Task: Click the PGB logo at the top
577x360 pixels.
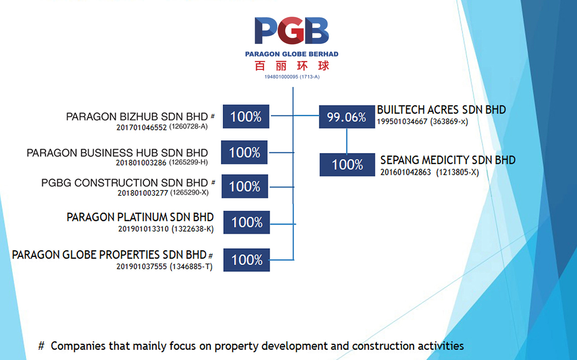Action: pyautogui.click(x=292, y=30)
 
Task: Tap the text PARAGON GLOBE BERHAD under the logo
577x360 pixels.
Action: pyautogui.click(x=292, y=54)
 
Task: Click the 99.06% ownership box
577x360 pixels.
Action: pyautogui.click(x=347, y=117)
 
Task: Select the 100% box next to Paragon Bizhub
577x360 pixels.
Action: pyautogui.click(x=246, y=116)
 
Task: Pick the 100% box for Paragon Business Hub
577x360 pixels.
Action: pyautogui.click(x=244, y=152)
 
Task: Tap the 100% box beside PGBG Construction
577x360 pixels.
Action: pyautogui.click(x=245, y=186)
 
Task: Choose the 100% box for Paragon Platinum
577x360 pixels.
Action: pyautogui.click(x=247, y=222)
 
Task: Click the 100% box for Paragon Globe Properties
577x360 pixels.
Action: pyautogui.click(x=247, y=260)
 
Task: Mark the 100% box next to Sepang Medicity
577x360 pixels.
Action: pyautogui.click(x=347, y=165)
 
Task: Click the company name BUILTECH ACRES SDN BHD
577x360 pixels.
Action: pyautogui.click(x=441, y=110)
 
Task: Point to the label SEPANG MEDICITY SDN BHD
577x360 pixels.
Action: pyautogui.click(x=448, y=160)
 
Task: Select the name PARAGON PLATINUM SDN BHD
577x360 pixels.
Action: pyautogui.click(x=140, y=217)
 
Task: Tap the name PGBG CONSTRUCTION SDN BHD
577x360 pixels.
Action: pyautogui.click(x=125, y=183)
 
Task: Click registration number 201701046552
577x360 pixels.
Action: pyautogui.click(x=142, y=127)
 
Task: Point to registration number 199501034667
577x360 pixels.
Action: pyautogui.click(x=402, y=121)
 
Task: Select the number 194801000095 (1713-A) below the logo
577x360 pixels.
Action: pyautogui.click(x=292, y=77)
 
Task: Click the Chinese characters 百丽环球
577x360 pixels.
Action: pyautogui.click(x=292, y=66)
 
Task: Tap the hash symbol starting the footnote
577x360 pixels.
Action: pyautogui.click(x=41, y=346)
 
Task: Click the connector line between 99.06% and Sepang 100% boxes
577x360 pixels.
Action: pyautogui.click(x=347, y=141)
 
